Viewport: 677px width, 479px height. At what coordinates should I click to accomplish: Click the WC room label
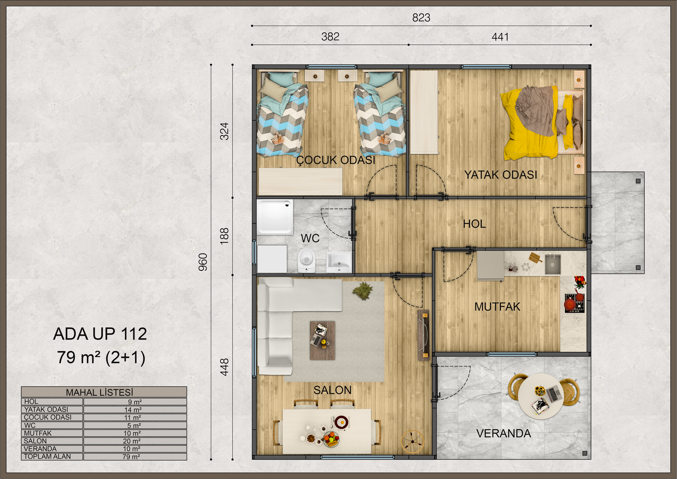point(310,238)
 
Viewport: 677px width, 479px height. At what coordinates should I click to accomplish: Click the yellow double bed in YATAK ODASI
point(543,122)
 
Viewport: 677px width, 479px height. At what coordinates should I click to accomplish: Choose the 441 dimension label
point(500,37)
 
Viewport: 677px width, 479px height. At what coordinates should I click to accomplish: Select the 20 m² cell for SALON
point(132,441)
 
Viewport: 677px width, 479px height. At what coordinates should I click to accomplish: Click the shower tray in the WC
point(275,217)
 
